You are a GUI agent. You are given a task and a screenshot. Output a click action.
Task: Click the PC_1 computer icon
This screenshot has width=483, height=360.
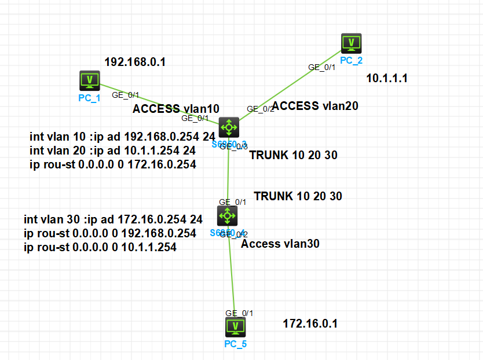tap(90, 80)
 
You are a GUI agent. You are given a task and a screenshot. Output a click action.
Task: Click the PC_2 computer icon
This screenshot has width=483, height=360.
tap(351, 43)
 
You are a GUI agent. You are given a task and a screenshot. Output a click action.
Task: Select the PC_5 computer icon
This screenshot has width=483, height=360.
tap(235, 327)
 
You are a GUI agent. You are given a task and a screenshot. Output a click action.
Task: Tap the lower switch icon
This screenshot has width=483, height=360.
tap(227, 216)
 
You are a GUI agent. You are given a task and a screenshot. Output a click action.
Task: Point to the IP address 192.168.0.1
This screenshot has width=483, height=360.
tap(135, 62)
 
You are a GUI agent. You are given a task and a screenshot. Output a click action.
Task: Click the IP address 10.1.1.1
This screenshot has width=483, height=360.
tap(387, 78)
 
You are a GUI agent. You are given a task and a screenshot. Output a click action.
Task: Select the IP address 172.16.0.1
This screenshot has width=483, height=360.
tap(310, 324)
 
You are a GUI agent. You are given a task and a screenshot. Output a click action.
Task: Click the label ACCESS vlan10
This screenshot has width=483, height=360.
tap(176, 108)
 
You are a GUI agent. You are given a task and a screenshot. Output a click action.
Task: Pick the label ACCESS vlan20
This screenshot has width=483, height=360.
tap(315, 105)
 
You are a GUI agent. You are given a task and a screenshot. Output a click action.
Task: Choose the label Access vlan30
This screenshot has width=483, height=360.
tap(280, 244)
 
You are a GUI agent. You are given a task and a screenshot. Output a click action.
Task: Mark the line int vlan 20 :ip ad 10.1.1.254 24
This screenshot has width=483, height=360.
tap(112, 150)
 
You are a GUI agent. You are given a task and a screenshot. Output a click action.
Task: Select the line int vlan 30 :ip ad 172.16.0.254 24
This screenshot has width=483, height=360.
tap(113, 220)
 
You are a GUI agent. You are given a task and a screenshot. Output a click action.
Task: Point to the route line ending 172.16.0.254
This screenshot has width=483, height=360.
tap(112, 164)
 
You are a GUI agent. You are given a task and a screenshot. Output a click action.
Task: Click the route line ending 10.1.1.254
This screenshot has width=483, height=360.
tap(100, 247)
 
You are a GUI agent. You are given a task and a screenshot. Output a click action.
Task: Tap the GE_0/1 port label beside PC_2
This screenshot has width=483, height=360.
tap(321, 67)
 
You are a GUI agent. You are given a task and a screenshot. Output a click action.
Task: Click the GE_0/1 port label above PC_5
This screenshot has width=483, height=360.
tap(239, 313)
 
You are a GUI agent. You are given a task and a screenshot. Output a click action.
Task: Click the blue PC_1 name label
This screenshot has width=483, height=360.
tap(89, 98)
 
